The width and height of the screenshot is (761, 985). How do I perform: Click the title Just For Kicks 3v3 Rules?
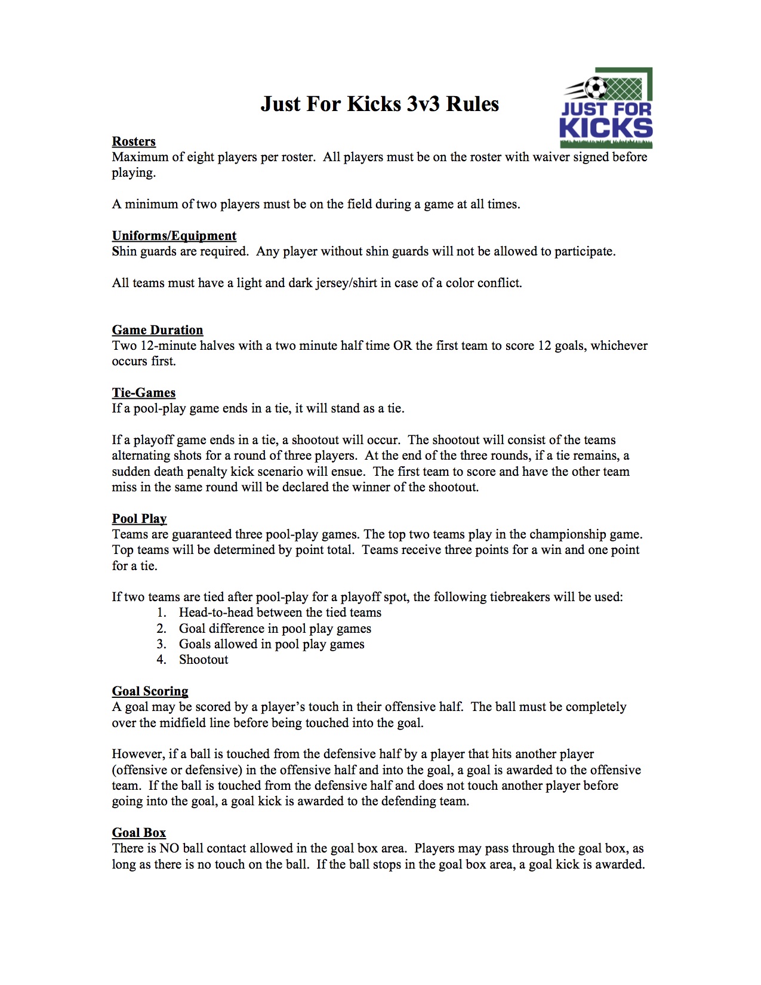pyautogui.click(x=380, y=104)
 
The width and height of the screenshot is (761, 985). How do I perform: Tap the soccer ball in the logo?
pyautogui.click(x=595, y=88)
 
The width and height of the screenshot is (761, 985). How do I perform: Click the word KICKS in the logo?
pyautogui.click(x=605, y=128)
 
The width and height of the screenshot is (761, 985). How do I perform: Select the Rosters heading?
pyautogui.click(x=134, y=141)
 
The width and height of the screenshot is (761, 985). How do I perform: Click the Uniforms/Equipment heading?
pyautogui.click(x=174, y=236)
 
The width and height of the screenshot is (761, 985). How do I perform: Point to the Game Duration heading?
pyautogui.click(x=158, y=330)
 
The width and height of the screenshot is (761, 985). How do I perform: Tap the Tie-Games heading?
pyautogui.click(x=144, y=393)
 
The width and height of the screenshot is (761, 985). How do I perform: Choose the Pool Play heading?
pyautogui.click(x=139, y=519)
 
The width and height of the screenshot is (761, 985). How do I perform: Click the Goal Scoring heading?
pyautogui.click(x=150, y=691)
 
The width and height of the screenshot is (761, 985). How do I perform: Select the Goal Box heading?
pyautogui.click(x=138, y=833)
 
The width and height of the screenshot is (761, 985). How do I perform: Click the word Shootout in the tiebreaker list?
pyautogui.click(x=204, y=660)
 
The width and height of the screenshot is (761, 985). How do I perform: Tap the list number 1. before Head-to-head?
pyautogui.click(x=162, y=612)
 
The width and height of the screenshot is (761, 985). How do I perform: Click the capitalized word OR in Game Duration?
pyautogui.click(x=402, y=346)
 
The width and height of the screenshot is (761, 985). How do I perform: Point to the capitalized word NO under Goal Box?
pyautogui.click(x=170, y=848)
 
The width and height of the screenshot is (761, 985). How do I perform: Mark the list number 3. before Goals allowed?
pyautogui.click(x=162, y=644)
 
